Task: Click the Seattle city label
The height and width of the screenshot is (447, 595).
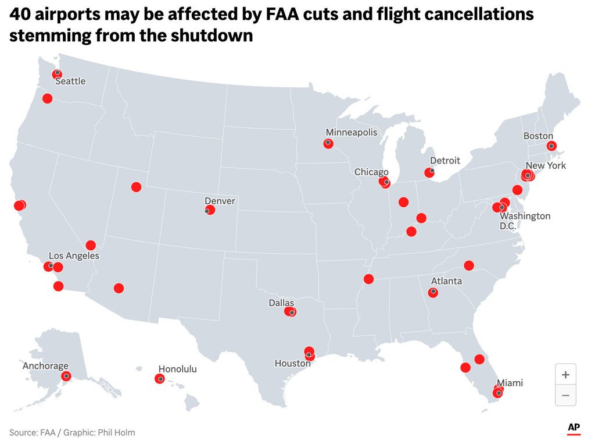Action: click(x=70, y=81)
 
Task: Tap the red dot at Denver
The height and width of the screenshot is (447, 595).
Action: click(x=210, y=210)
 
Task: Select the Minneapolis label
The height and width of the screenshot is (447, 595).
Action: click(x=351, y=132)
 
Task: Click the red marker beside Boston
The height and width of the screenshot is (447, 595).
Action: click(x=551, y=146)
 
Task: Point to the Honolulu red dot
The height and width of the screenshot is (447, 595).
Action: click(x=160, y=379)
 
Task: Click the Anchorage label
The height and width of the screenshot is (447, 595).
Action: click(x=45, y=366)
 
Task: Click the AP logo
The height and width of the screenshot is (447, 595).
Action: click(x=574, y=428)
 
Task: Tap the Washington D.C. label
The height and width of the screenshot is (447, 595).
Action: click(x=525, y=221)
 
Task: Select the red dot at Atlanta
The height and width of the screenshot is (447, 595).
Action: click(x=433, y=293)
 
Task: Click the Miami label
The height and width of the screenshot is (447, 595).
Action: click(x=510, y=383)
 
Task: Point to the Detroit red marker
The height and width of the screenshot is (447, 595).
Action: click(x=429, y=172)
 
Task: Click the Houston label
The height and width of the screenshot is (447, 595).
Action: click(x=292, y=363)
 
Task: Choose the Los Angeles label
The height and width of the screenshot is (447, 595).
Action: click(x=74, y=256)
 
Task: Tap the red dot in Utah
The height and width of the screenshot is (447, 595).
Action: click(x=136, y=187)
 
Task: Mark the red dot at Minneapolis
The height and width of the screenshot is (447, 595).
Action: click(x=328, y=144)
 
